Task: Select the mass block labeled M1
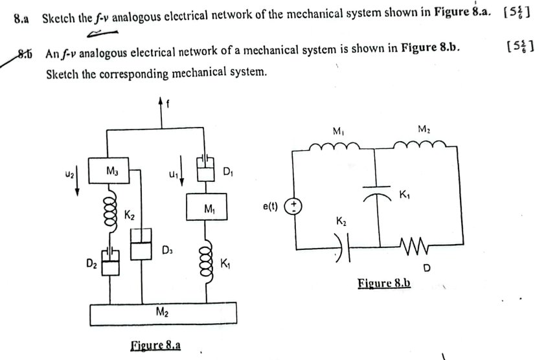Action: pyautogui.click(x=207, y=207)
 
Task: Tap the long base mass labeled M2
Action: pyautogui.click(x=164, y=314)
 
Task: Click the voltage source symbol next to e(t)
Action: pyautogui.click(x=295, y=206)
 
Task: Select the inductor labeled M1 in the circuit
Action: pyautogui.click(x=337, y=148)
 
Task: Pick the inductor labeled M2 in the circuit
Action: pyautogui.click(x=422, y=148)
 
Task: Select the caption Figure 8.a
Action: pyautogui.click(x=155, y=344)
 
